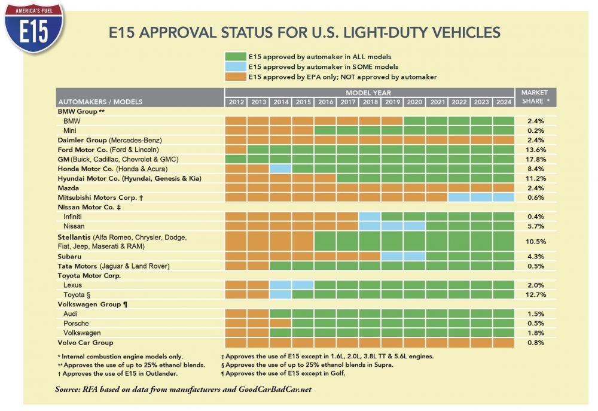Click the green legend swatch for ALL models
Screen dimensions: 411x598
[x=235, y=56]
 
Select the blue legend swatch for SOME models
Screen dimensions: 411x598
[x=235, y=66]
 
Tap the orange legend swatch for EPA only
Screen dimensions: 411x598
[x=235, y=77]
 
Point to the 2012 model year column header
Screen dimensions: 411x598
[x=236, y=102]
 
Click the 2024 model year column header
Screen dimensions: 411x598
[x=504, y=102]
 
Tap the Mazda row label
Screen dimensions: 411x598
[x=68, y=188]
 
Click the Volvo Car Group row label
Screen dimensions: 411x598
[x=85, y=343]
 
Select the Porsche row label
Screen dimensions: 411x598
[x=75, y=324]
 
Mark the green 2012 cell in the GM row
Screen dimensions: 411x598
[x=236, y=159]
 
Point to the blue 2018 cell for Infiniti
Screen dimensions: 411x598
[x=370, y=217]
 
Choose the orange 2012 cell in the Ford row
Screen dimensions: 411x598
[x=236, y=149]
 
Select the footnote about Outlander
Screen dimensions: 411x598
[x=107, y=373]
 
